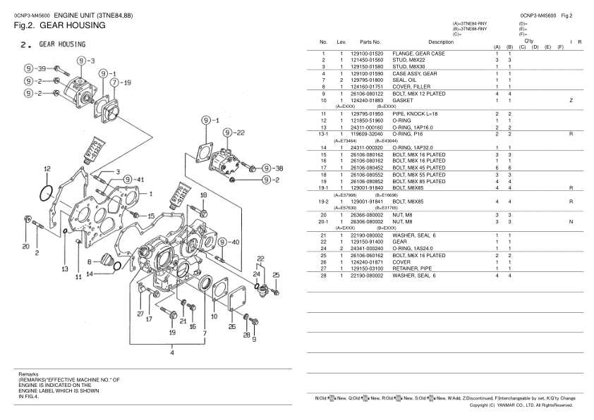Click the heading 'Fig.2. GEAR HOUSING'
(x=59, y=25)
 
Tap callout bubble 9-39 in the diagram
(x=33, y=68)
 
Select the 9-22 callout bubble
(x=235, y=132)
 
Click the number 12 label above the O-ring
(x=47, y=169)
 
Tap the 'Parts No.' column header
(x=370, y=43)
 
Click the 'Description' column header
(x=441, y=43)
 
